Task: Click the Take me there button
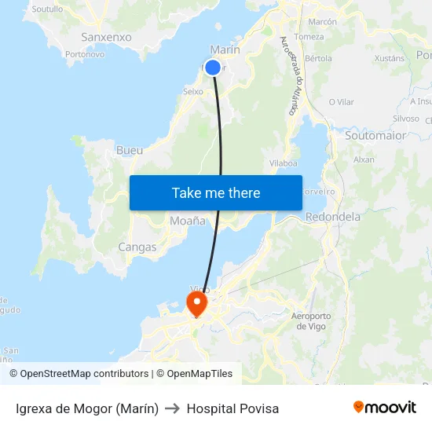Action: coord(215,192)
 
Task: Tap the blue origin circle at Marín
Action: coord(213,68)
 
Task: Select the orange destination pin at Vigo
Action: coord(195,302)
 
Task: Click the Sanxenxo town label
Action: coord(106,37)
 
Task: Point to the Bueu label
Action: coord(129,150)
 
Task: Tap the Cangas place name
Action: coord(137,247)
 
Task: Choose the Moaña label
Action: coord(188,221)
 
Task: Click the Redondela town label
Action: coord(332,217)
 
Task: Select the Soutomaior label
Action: coord(375,135)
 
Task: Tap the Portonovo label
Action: coord(85,54)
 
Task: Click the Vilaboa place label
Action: coord(284,163)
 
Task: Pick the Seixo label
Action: coord(192,91)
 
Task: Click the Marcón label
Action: coord(322,22)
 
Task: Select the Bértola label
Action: coord(318,58)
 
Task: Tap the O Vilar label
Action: coord(342,102)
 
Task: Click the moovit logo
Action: coord(384,408)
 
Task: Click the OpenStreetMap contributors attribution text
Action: coord(83,374)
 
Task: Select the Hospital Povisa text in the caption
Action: coord(232,408)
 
